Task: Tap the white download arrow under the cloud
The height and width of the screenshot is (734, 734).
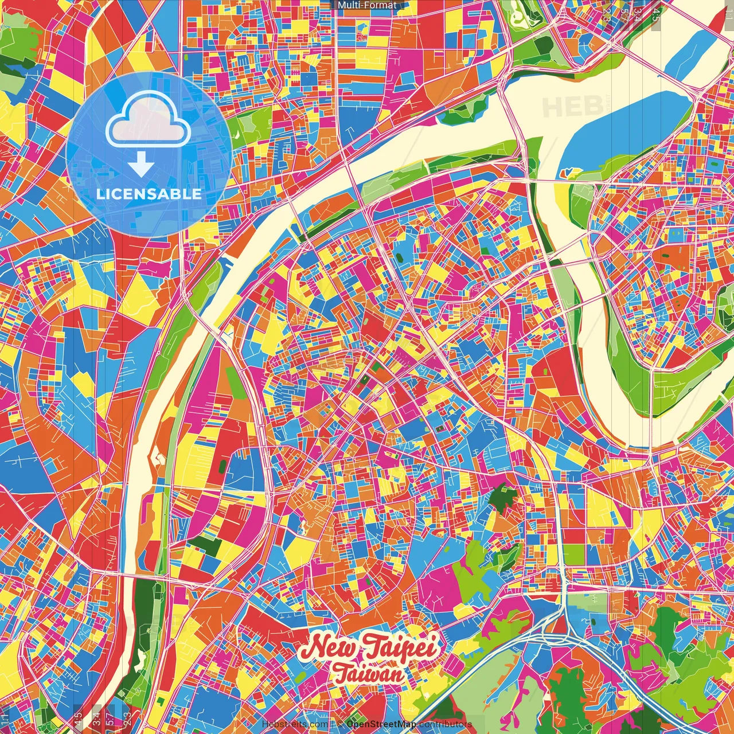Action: tap(140, 166)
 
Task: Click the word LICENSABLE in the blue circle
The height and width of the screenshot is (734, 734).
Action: tap(149, 194)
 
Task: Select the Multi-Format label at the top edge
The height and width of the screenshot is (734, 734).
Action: tap(367, 5)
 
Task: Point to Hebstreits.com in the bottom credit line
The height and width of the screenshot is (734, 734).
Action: tap(295, 724)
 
